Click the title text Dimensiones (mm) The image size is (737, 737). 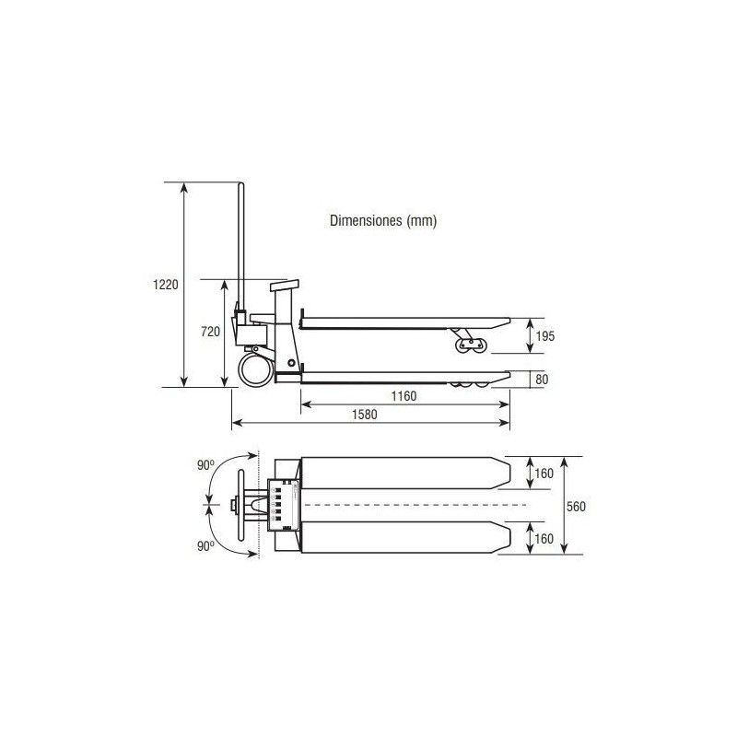tap(383, 220)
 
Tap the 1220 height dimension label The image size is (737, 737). tap(166, 285)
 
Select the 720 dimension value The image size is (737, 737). tap(210, 332)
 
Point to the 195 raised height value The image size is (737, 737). tap(545, 336)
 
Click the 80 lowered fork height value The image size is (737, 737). tap(542, 380)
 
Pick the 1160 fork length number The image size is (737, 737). tap(404, 396)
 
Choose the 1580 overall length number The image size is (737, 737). tap(364, 415)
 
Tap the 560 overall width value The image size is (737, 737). tap(576, 506)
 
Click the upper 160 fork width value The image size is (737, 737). tap(544, 474)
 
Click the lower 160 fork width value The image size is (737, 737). tap(544, 539)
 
